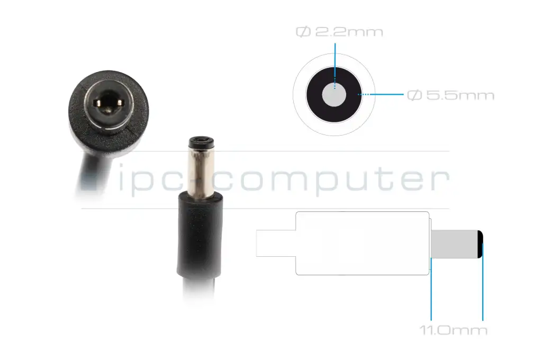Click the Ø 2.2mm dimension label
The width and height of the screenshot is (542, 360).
(339, 32)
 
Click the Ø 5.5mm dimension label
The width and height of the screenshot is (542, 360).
(450, 95)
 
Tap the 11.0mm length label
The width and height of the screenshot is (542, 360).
(454, 330)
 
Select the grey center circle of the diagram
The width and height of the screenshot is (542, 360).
(334, 95)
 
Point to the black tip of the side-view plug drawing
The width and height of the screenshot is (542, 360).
(481, 244)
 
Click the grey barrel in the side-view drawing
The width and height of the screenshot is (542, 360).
(454, 244)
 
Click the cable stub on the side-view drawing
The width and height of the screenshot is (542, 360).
(276, 244)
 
